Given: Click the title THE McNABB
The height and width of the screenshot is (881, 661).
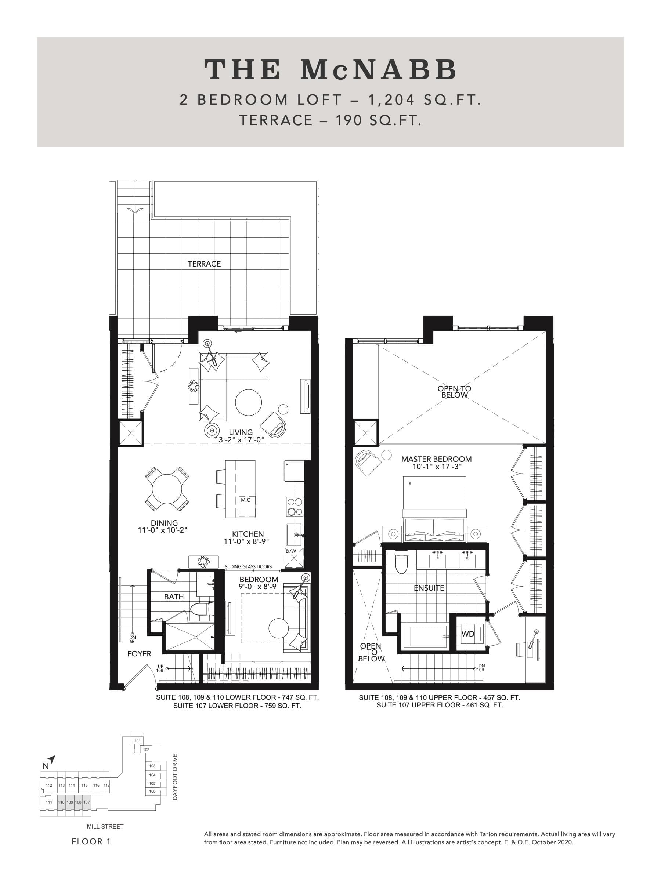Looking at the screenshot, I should tap(330, 70).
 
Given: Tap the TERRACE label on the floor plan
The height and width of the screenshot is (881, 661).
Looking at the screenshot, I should tap(204, 264).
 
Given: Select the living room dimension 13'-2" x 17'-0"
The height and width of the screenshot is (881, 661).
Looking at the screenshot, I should tap(239, 440).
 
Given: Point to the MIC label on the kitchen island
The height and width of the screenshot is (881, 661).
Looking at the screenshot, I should tap(245, 500).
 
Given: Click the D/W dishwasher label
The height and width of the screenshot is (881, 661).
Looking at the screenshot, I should tap(290, 551).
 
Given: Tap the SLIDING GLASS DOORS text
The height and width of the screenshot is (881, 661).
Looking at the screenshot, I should tap(248, 566).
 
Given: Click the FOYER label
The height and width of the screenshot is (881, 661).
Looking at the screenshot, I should tap(139, 653).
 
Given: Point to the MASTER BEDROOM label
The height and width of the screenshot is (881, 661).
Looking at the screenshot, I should tap(436, 459).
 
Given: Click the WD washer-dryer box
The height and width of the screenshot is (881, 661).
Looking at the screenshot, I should tap(468, 634).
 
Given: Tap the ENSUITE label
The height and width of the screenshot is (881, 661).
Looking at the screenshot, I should tap(429, 588).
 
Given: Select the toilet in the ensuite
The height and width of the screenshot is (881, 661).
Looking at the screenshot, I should tap(402, 562).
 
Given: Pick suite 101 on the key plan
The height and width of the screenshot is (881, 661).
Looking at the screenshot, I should tap(137, 741).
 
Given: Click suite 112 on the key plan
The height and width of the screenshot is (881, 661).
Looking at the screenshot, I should tap(48, 786).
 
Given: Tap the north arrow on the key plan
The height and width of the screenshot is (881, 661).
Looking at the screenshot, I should tap(52, 759).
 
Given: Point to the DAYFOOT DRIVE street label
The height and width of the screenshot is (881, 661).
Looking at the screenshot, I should tap(175, 777).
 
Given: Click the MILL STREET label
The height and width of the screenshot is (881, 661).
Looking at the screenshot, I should tap(105, 826).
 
